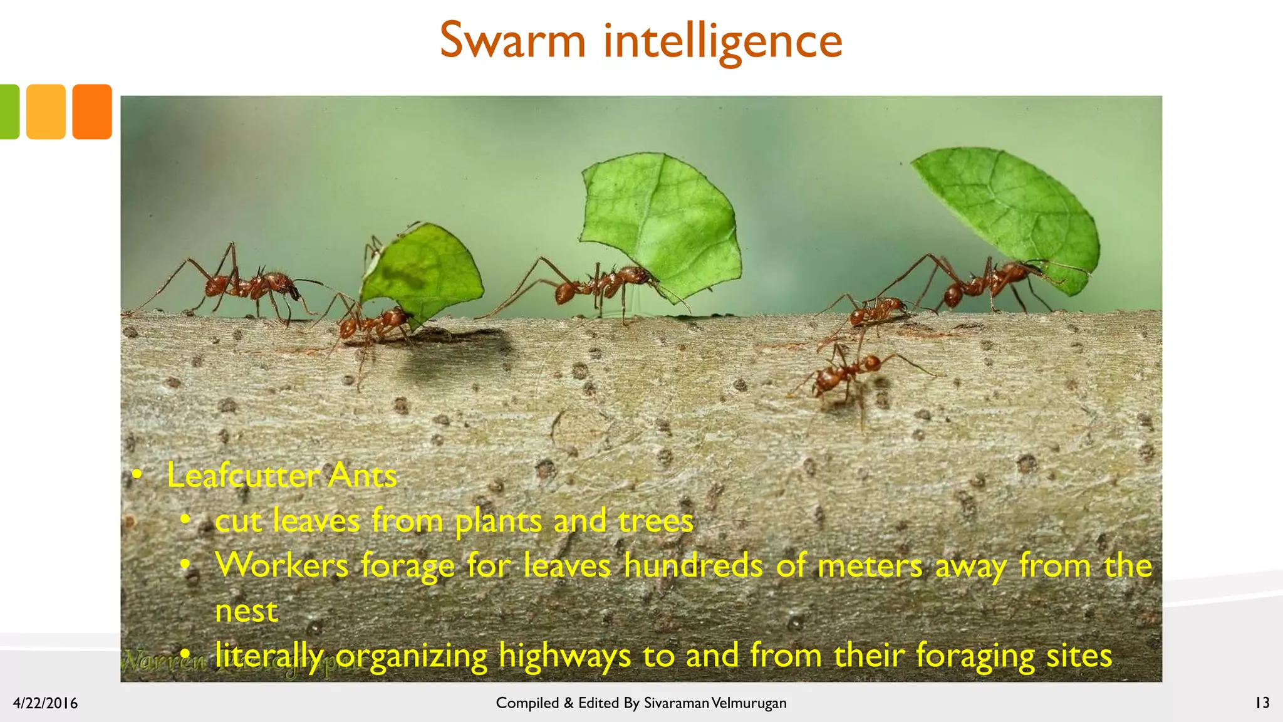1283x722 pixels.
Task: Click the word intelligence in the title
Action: point(723,41)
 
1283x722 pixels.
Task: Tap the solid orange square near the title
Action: point(92,112)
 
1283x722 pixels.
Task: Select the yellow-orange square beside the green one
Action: point(46,112)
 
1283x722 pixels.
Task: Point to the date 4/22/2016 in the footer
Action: point(45,703)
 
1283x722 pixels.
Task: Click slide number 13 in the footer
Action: point(1262,703)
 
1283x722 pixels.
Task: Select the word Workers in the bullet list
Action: point(281,566)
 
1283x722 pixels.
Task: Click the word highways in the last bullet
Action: point(564,657)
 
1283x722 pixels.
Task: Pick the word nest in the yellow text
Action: point(246,611)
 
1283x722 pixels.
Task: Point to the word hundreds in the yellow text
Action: point(693,566)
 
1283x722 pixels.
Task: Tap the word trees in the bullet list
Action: point(655,521)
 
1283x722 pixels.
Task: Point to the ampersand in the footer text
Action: point(568,703)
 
